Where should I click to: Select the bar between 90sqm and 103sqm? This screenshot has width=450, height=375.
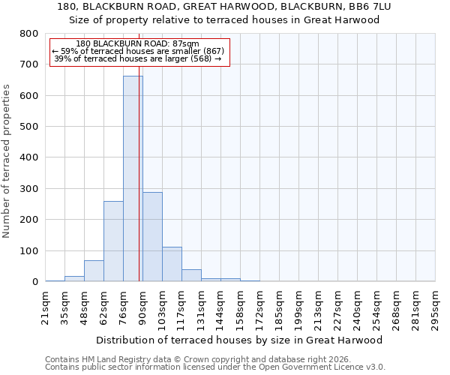tap(152, 237)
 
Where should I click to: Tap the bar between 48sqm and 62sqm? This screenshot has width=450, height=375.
tap(94, 271)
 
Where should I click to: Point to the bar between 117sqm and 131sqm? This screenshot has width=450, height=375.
tap(191, 275)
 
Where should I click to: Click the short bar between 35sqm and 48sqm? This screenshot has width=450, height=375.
tap(74, 279)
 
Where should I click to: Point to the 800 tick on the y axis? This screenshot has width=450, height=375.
tap(29, 34)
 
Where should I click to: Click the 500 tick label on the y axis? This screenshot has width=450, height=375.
tap(29, 127)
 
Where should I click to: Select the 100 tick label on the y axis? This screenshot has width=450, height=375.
tap(29, 250)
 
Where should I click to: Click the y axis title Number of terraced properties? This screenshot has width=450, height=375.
tap(7, 160)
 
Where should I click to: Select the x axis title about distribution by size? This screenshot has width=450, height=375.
tap(240, 340)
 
